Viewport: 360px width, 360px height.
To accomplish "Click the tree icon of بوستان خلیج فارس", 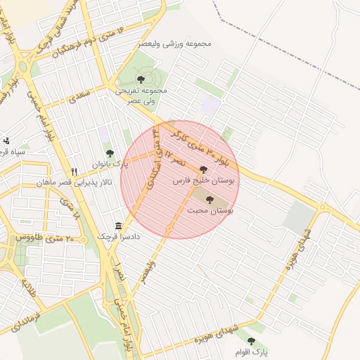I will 204,169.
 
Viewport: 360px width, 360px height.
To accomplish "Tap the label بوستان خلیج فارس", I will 205,181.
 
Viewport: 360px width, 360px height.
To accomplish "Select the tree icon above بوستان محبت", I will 210,200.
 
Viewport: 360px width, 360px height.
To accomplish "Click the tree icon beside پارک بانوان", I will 109,153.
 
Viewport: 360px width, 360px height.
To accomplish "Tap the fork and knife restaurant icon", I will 75,172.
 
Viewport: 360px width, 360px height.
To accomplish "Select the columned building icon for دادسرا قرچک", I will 118,226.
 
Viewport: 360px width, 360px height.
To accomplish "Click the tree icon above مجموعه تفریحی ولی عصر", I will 141,80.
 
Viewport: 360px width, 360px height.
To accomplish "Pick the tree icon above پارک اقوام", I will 251,341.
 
